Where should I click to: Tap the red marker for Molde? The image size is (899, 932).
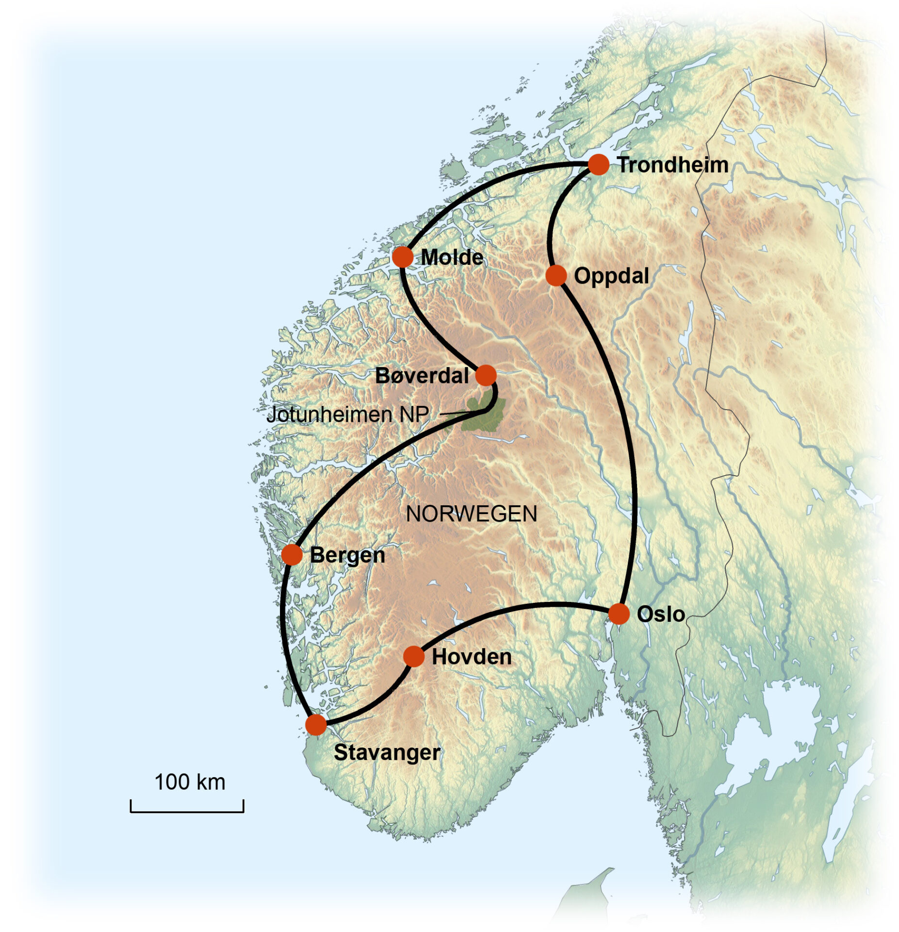coord(402,257)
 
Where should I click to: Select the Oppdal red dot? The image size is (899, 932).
coord(556,275)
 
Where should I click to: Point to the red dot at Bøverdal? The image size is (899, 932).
coord(486,375)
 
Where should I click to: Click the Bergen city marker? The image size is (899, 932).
coord(292,554)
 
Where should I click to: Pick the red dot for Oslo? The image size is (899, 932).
coord(619,614)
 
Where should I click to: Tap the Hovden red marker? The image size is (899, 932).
coord(413,656)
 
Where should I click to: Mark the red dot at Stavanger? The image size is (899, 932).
coord(316,725)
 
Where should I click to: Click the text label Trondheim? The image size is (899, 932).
coord(672,165)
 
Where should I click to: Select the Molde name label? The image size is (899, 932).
coord(452,257)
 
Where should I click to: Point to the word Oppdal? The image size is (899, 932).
coord(611,276)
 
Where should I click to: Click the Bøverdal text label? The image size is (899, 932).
coord(422,376)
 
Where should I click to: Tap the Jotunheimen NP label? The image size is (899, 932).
coord(348,415)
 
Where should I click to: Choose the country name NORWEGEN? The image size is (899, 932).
coord(471,514)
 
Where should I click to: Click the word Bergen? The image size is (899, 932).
coord(347,555)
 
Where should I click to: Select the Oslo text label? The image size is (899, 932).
coord(660,615)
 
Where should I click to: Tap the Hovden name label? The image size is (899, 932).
coord(472,657)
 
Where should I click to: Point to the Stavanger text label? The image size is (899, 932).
coord(387,752)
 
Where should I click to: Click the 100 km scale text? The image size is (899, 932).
coord(190,782)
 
